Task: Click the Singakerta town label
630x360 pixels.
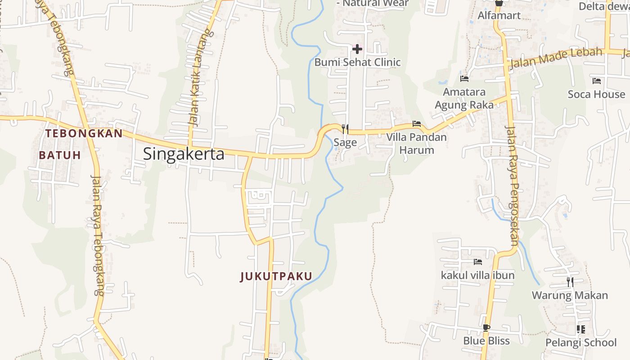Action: (184, 154)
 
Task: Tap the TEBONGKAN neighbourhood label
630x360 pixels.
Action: (84, 133)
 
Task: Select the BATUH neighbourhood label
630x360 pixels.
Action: (60, 155)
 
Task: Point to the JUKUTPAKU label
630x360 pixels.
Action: (276, 276)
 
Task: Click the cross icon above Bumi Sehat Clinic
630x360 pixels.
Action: (357, 49)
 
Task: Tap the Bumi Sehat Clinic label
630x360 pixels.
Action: (357, 62)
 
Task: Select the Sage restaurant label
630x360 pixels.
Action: (345, 143)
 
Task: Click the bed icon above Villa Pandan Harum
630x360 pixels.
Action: (417, 124)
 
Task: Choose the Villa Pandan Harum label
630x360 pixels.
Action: (417, 144)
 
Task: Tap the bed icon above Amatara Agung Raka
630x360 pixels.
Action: (464, 79)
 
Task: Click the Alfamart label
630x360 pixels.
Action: (499, 15)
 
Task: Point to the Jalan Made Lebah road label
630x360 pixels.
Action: (556, 57)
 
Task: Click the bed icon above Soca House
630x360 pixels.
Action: (597, 81)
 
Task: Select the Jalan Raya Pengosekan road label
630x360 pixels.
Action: (513, 185)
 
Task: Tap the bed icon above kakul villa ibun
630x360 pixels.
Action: (477, 261)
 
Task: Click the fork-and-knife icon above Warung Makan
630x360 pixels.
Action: (570, 282)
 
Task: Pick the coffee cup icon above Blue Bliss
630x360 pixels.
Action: (486, 327)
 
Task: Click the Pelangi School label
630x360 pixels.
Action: (581, 342)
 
